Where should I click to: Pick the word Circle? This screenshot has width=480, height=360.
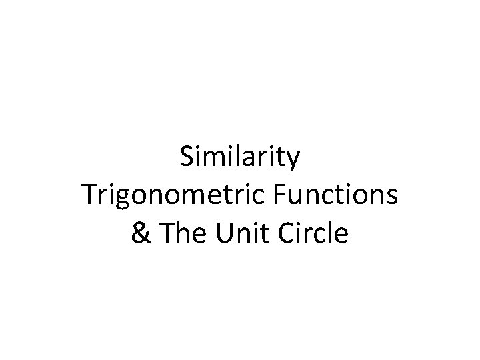click(x=313, y=233)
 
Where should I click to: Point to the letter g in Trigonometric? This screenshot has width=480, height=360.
click(x=121, y=199)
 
